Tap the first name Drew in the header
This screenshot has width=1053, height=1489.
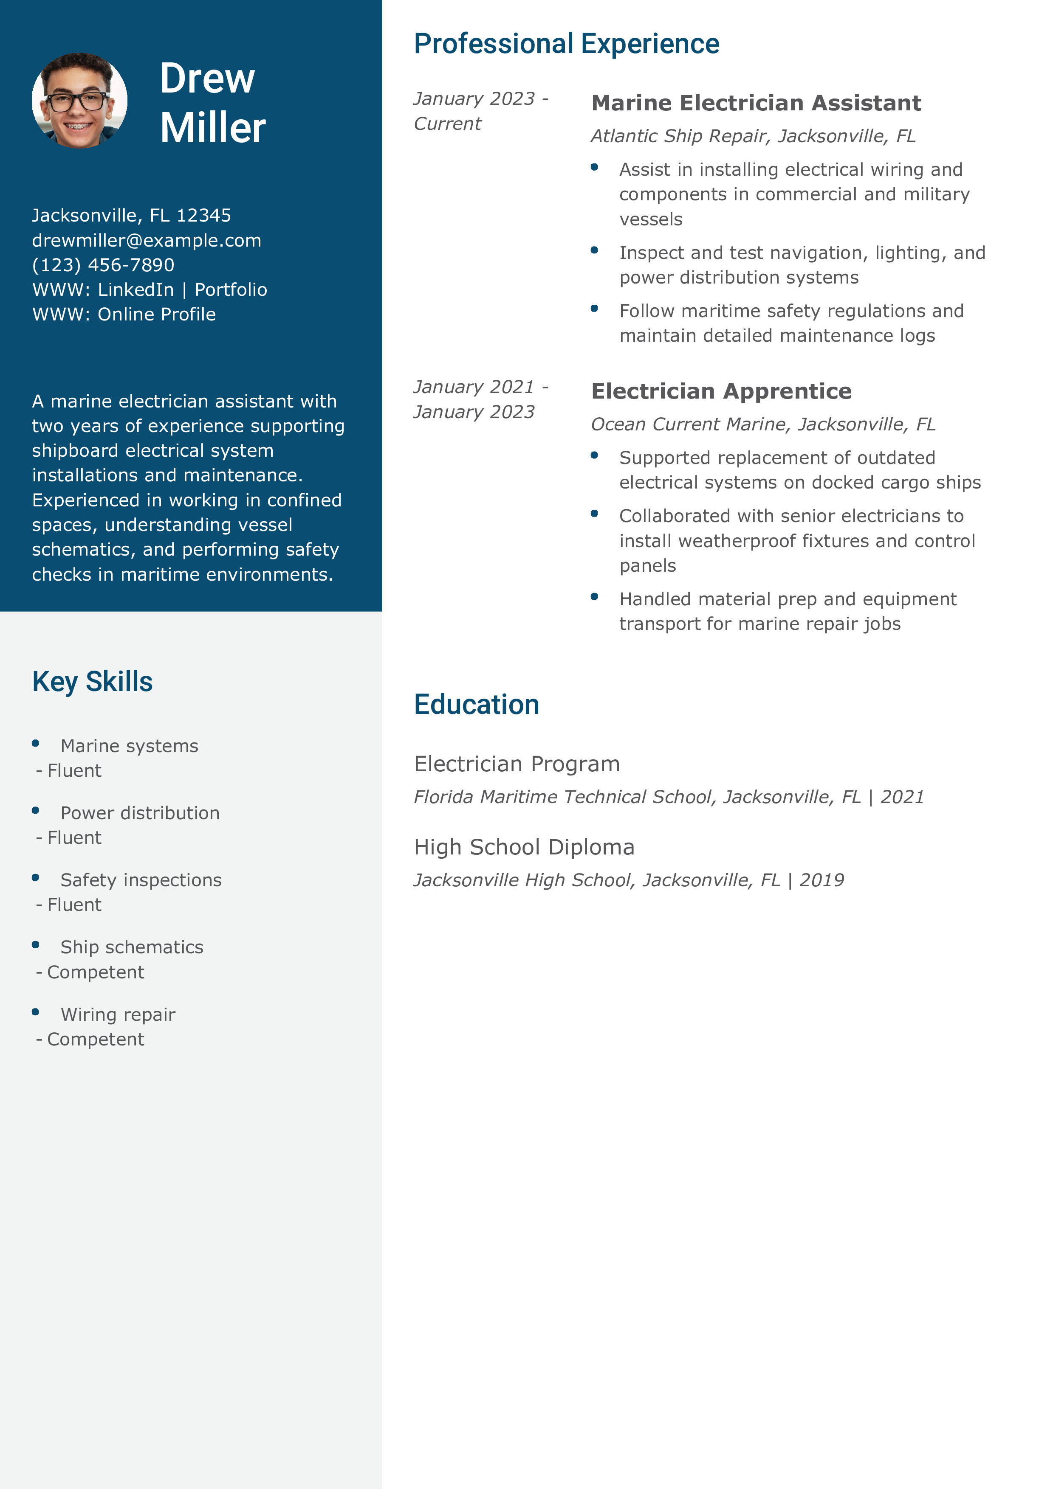pos(207,79)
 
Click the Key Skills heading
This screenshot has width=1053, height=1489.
pos(92,682)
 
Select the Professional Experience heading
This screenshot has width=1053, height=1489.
pos(566,44)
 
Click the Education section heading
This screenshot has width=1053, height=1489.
pos(476,704)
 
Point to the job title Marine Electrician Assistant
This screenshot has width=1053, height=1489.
pos(756,103)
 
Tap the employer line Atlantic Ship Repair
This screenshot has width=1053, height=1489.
pos(753,136)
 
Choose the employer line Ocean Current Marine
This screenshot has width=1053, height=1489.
pos(762,424)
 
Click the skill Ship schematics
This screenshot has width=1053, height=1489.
pos(132,947)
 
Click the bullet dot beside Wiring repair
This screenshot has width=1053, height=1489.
pos(36,1011)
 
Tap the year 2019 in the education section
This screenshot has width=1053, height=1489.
pos(822,880)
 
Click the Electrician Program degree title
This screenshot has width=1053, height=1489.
pos(517,764)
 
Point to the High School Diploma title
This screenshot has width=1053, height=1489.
pos(524,847)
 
